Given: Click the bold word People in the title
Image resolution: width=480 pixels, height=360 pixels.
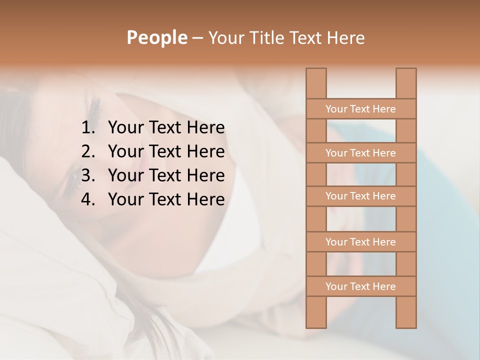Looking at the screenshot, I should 156,37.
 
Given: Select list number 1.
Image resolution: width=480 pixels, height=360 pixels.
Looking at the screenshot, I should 88,128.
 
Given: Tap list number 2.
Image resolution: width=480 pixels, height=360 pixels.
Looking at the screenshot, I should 88,151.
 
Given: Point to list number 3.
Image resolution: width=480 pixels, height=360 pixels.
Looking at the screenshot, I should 88,175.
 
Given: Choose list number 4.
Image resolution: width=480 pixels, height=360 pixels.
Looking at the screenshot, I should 88,199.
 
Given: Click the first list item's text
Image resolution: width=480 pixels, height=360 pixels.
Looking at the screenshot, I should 166,128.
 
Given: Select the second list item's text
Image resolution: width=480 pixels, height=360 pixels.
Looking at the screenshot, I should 166,151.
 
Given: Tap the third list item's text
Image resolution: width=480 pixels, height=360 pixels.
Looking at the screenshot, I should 166,175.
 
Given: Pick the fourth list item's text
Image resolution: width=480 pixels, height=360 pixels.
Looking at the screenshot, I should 166,199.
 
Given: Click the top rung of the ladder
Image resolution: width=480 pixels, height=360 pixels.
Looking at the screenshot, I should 360,109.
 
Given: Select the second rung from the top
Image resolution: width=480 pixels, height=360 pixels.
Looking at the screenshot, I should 360,153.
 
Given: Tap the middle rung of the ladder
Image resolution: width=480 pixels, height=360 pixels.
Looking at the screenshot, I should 360,196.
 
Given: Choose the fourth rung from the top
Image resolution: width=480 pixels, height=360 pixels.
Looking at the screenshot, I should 360,242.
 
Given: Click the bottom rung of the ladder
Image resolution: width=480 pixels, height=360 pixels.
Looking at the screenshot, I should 360,286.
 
